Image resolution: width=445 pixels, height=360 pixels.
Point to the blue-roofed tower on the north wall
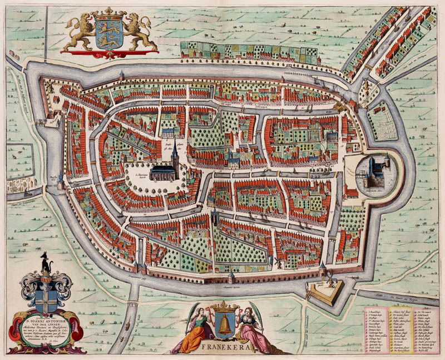[x=122, y=75]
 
